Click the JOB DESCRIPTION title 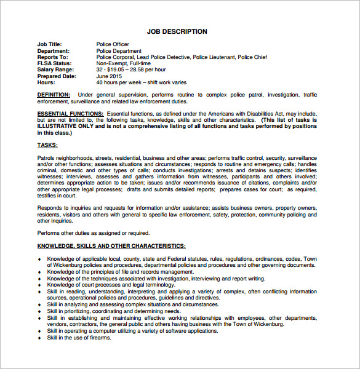click(x=177, y=31)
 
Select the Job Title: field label click(x=50, y=44)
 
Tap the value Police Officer click(x=113, y=44)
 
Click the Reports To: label click(x=52, y=57)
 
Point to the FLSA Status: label click(x=54, y=63)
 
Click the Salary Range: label click(x=55, y=69)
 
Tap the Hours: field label click(x=46, y=82)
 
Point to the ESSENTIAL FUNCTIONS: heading click(x=70, y=114)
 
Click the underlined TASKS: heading click(x=47, y=145)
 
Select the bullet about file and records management click(x=121, y=271)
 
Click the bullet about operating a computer click(x=132, y=330)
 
